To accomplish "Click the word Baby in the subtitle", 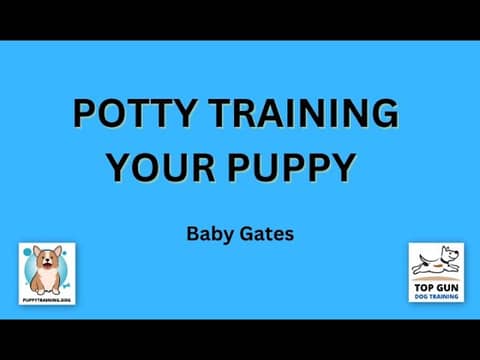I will coord(206,235).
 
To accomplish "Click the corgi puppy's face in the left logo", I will coord(46,265).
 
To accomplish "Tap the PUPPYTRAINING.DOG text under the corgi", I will coord(48,298).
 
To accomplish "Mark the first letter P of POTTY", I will coord(85,115).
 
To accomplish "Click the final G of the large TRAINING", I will coord(383,115).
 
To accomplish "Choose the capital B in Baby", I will coord(193,235).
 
